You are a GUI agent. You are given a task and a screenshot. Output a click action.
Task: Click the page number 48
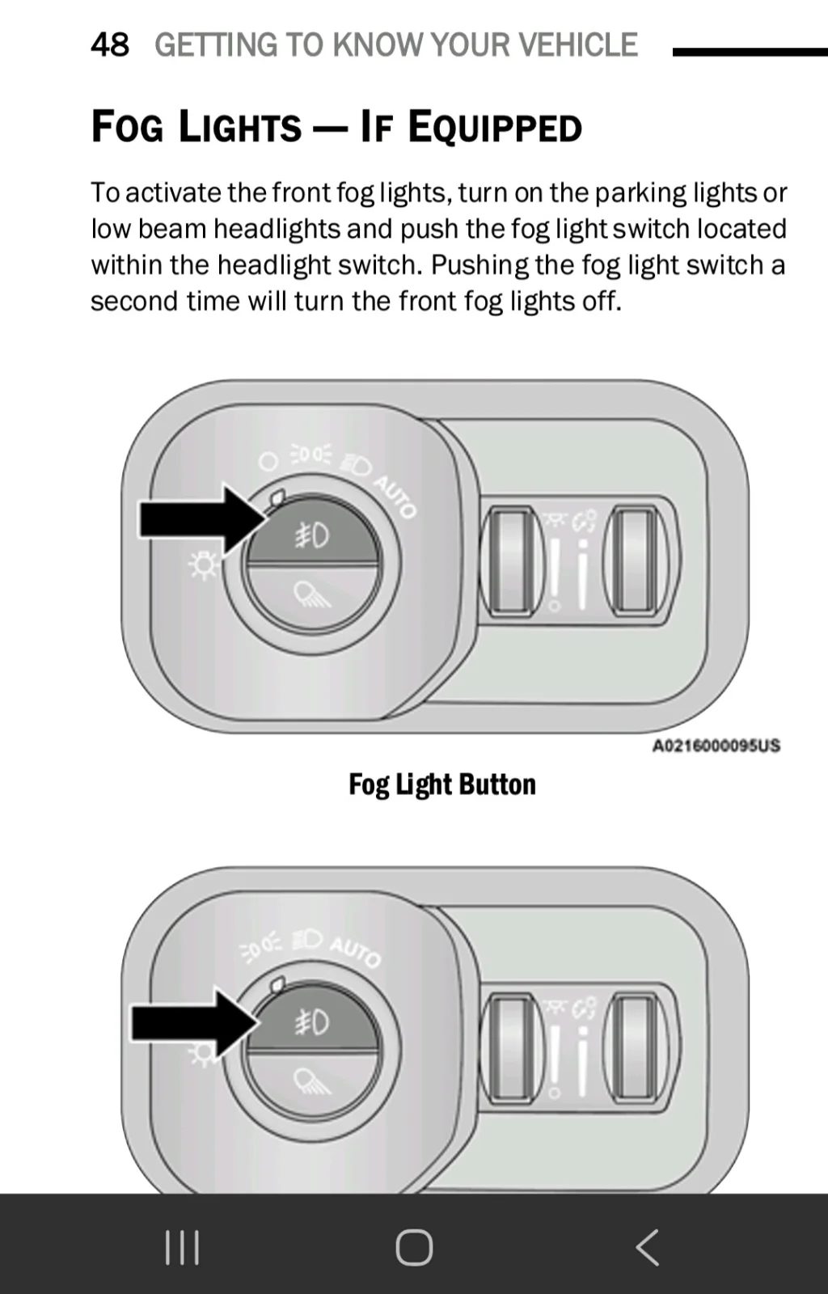tap(110, 45)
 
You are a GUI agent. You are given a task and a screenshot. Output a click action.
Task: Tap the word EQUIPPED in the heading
tap(495, 126)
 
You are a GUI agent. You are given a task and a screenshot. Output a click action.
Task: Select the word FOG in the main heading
tap(127, 126)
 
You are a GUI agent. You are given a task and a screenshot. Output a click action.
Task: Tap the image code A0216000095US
tap(716, 745)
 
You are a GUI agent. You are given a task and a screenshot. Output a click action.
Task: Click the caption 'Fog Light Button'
tap(442, 784)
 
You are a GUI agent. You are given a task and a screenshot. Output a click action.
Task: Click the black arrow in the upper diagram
tap(202, 520)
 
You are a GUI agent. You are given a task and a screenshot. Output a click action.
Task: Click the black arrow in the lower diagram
tap(195, 1023)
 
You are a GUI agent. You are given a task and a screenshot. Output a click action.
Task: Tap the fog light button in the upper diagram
tap(312, 533)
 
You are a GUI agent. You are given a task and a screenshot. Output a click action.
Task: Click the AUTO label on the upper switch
tap(395, 497)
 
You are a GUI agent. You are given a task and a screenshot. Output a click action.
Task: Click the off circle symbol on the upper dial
tap(268, 462)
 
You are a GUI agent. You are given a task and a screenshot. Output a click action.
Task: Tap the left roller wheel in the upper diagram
tap(511, 559)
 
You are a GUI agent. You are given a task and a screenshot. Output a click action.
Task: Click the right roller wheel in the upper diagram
tap(635, 559)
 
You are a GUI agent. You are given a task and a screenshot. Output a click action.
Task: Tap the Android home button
tap(414, 1247)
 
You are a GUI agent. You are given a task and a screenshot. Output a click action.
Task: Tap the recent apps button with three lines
tap(183, 1247)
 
